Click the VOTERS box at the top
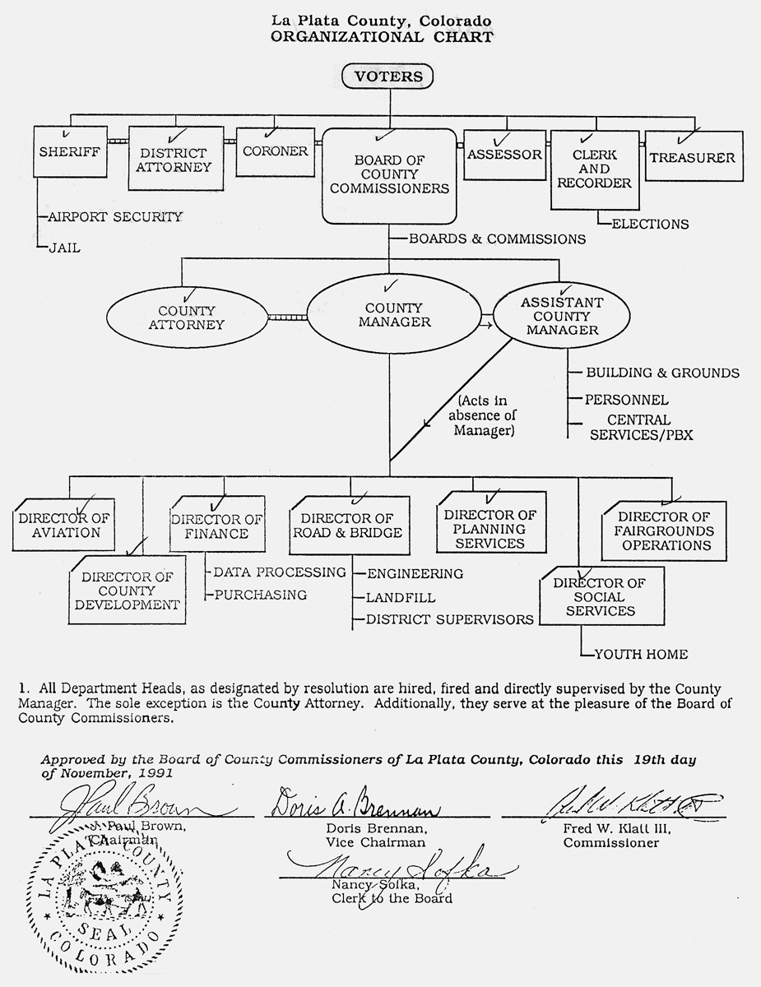coord(387,77)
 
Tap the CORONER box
coord(275,151)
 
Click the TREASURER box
coord(694,157)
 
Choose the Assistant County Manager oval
coord(560,317)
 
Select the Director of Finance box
coord(216,526)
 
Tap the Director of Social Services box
coord(598,596)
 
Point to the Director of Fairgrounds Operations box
coord(664,531)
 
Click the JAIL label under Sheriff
coord(63,247)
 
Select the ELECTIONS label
coord(650,224)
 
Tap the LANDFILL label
coord(401,598)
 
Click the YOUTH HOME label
coord(641,655)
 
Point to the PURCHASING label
coord(260,594)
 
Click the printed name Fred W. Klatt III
coord(612,829)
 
